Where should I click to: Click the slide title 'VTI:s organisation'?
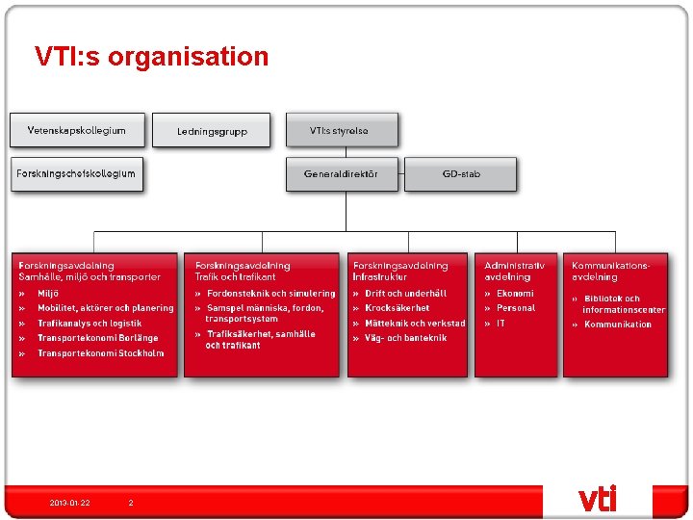click(x=151, y=57)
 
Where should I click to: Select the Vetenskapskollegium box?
click(x=78, y=130)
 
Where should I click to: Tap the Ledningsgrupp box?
click(x=213, y=131)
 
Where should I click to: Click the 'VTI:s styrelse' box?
click(x=341, y=130)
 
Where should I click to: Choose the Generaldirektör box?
click(x=341, y=174)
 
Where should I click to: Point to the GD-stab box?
click(x=461, y=174)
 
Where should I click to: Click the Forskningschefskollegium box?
click(x=77, y=174)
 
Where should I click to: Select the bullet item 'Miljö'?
click(x=48, y=293)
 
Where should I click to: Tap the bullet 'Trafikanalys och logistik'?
click(x=90, y=324)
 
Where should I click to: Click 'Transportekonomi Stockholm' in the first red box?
click(x=100, y=353)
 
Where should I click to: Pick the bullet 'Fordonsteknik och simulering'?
click(x=271, y=293)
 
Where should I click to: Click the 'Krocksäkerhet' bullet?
click(x=397, y=308)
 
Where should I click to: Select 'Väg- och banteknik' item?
click(x=405, y=338)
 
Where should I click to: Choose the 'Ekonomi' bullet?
click(x=515, y=293)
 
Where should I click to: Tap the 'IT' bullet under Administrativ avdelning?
click(x=500, y=324)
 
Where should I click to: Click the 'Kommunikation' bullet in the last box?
click(x=618, y=325)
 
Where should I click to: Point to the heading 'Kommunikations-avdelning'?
click(x=610, y=271)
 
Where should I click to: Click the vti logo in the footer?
click(x=597, y=499)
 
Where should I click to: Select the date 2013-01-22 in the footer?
click(x=70, y=503)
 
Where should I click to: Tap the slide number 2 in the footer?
click(x=131, y=503)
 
